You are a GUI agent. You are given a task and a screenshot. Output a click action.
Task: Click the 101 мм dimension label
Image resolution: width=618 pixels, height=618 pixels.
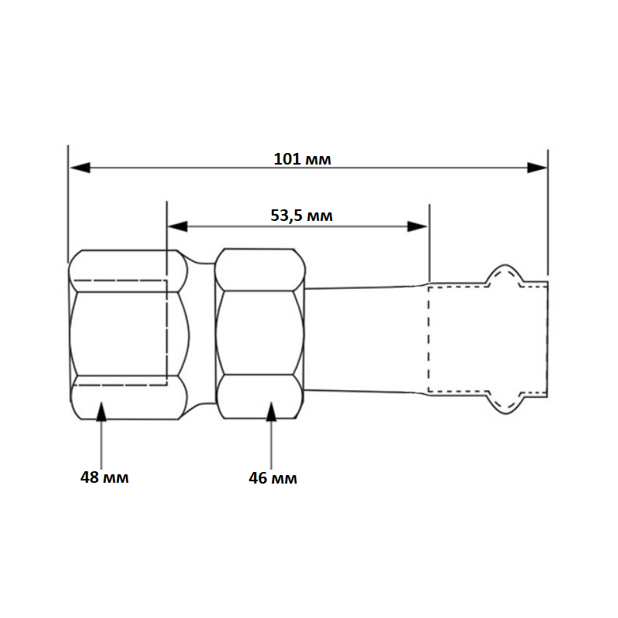[302, 159]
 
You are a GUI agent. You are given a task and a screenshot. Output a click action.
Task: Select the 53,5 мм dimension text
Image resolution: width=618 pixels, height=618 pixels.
[301, 216]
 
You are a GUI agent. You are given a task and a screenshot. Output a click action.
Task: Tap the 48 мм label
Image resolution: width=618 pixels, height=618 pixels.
[104, 477]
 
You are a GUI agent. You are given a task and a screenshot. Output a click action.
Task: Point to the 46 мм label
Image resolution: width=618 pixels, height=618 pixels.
[273, 478]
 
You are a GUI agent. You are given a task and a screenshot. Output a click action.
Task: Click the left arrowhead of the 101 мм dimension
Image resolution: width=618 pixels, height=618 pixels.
[80, 168]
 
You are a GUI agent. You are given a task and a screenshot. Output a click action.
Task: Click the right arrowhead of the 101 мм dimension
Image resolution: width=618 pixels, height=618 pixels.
[537, 168]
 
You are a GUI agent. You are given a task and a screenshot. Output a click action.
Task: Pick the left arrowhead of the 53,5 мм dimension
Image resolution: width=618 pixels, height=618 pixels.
[178, 226]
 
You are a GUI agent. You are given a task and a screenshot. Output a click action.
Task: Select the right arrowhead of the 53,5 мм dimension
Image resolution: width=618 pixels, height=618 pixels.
[417, 226]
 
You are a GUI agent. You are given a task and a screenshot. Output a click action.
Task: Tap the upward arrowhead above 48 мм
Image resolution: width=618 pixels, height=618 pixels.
[102, 412]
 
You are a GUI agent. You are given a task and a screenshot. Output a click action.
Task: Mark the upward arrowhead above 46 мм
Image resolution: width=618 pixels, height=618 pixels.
[271, 412]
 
